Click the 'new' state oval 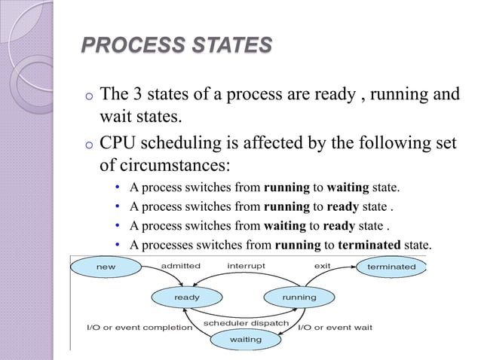106,267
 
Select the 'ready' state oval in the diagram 187,297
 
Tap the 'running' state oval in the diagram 299,297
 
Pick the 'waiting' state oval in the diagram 245,340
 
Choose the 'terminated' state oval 391,267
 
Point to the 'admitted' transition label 181,266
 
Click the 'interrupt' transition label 246,266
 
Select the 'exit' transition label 322,266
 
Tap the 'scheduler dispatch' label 246,323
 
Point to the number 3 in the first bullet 138,96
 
